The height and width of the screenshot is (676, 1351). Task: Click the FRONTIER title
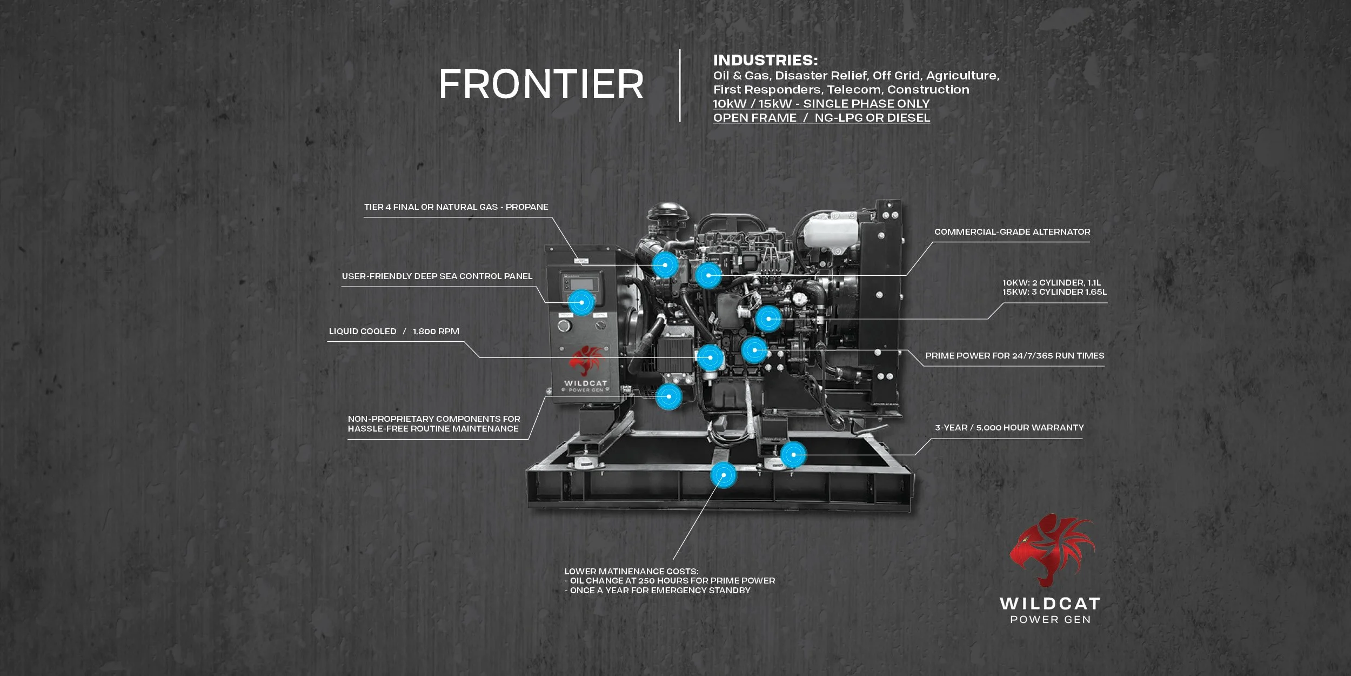[541, 84]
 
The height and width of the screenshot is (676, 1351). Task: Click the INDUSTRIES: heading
[765, 60]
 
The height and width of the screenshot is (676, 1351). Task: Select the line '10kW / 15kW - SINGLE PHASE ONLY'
[821, 103]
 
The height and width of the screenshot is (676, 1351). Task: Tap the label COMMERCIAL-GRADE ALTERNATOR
[1012, 232]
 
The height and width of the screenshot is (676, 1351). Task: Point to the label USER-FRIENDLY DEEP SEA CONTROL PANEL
[437, 276]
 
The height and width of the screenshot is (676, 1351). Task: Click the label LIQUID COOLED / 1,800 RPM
[394, 332]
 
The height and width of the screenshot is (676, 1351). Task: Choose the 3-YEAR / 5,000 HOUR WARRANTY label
[1009, 428]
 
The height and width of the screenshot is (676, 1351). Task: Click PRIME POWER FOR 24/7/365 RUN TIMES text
[1014, 356]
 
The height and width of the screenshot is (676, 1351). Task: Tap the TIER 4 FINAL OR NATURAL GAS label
[456, 207]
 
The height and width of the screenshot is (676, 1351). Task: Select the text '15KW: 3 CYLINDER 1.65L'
[1054, 292]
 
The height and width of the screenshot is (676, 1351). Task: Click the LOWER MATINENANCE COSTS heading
[631, 571]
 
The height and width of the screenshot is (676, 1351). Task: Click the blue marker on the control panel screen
[581, 302]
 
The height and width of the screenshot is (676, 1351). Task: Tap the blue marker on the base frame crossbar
[724, 475]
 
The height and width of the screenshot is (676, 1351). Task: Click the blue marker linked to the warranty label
[793, 455]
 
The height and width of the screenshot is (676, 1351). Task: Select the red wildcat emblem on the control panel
[585, 361]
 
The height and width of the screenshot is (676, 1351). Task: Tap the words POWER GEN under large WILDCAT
[1050, 620]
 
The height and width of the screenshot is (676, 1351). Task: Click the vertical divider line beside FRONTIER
[680, 85]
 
